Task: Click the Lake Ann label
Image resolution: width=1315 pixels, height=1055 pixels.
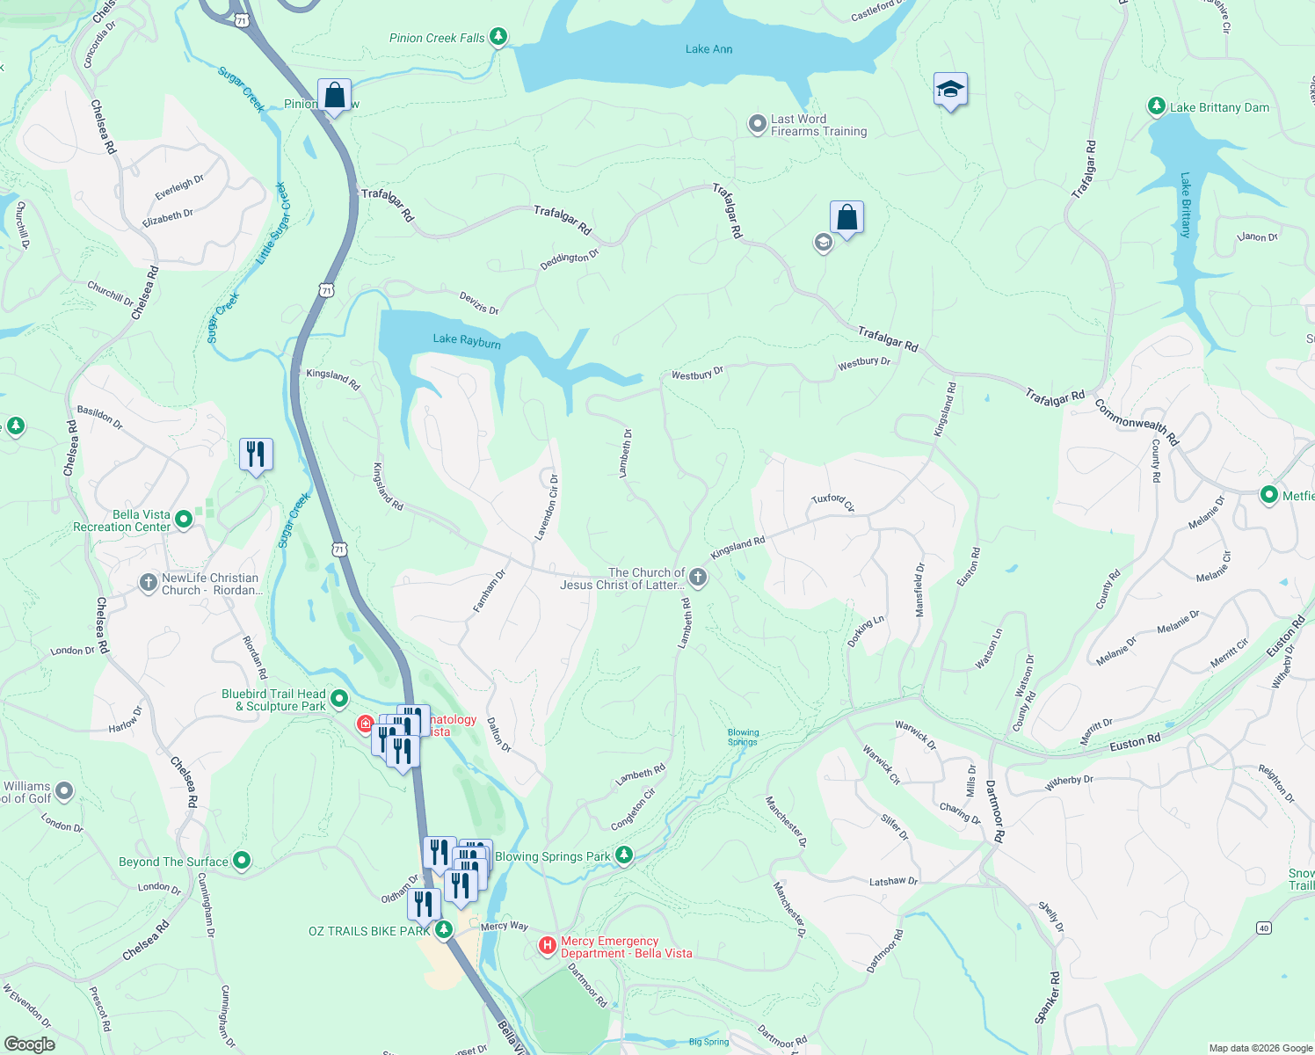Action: tap(708, 49)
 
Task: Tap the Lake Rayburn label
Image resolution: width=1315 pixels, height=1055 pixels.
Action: tap(467, 341)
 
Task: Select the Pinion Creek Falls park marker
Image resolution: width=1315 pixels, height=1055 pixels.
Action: tap(498, 37)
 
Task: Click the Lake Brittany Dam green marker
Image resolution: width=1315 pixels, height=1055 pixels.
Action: tap(1157, 106)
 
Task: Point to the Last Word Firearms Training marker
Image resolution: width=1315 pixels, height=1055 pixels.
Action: tap(757, 125)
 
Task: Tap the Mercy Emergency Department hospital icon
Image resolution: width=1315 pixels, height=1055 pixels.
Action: tap(547, 946)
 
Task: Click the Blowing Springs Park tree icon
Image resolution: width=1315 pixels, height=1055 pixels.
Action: tap(623, 855)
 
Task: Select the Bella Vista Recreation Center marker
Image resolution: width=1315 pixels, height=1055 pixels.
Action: tap(184, 520)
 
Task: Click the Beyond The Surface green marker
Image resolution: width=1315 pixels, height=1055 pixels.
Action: tap(242, 861)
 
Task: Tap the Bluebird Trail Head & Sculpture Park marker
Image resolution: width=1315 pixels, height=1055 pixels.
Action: tap(339, 699)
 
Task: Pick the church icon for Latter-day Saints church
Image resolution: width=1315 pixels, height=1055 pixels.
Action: tap(697, 578)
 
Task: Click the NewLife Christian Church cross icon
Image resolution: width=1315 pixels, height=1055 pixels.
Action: tap(149, 583)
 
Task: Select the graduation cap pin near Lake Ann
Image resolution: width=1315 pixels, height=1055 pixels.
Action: tap(950, 90)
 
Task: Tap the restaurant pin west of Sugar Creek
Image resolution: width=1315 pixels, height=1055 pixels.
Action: tap(256, 455)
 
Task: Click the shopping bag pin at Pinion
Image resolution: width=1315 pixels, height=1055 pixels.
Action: tap(334, 95)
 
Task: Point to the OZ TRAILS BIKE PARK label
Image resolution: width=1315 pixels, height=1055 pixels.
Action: tap(369, 931)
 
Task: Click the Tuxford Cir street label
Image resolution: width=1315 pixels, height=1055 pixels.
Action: tap(832, 502)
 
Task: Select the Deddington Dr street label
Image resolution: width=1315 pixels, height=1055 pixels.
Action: tap(569, 258)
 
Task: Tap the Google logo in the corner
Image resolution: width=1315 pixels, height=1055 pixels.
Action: tap(29, 1044)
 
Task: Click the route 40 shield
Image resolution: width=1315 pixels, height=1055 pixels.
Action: tap(1263, 928)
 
